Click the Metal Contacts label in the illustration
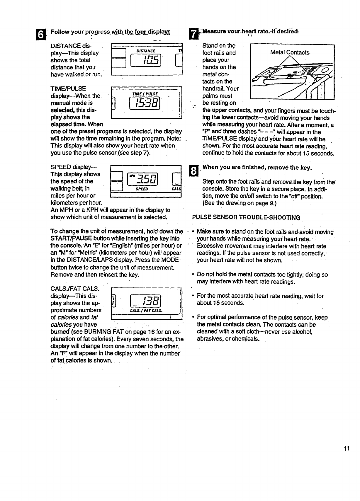point(290,52)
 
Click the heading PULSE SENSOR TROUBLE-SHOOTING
point(246,217)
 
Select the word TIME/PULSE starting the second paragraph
point(68,88)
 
